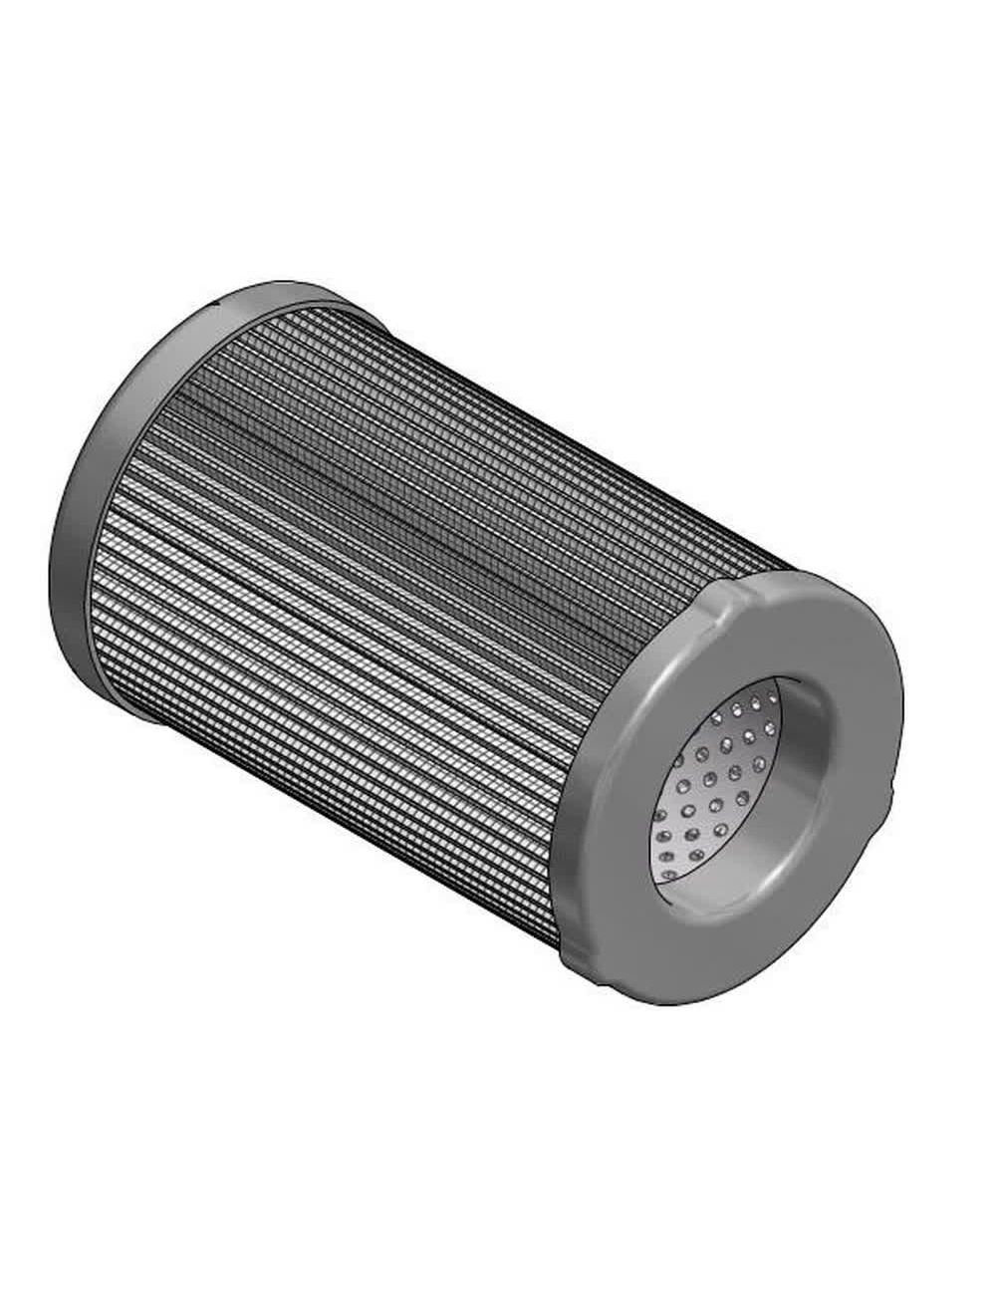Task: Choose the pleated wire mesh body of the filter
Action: point(378,598)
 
